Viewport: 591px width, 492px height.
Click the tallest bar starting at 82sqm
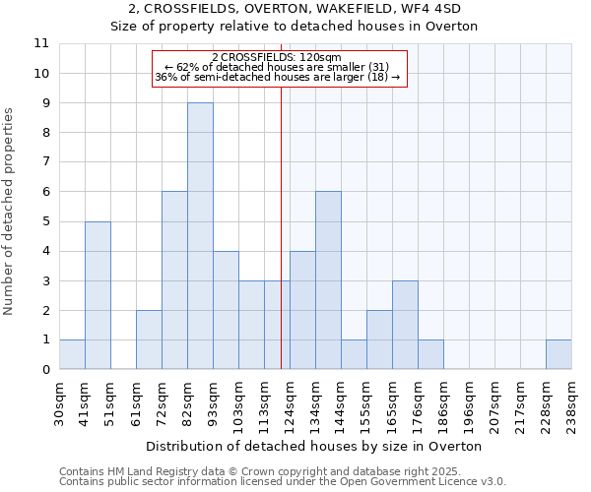200,236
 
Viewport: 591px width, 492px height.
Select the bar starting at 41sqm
98,295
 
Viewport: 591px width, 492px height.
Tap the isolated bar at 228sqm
558,354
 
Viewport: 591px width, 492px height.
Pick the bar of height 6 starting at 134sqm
328,280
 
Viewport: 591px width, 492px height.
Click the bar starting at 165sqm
405,325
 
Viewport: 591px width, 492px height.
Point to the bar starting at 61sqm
149,339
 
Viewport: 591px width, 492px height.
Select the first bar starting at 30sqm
72,354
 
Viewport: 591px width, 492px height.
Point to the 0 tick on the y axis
45,370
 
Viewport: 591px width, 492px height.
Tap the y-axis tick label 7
45,162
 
